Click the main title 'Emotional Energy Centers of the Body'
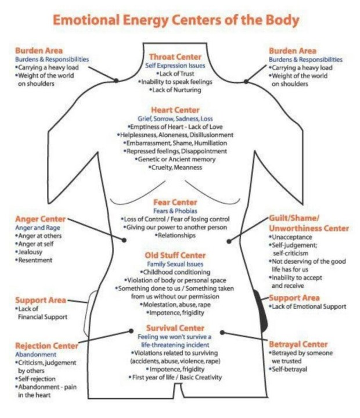coord(176,20)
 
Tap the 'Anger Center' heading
coord(40,219)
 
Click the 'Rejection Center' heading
coord(46,345)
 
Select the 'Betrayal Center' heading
coord(298,344)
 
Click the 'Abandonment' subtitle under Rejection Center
coord(36,354)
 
